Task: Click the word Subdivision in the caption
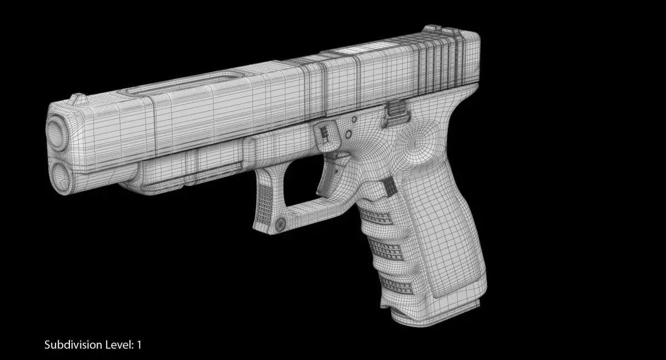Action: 73,345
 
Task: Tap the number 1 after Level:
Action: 139,345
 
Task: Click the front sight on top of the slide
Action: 78,99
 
